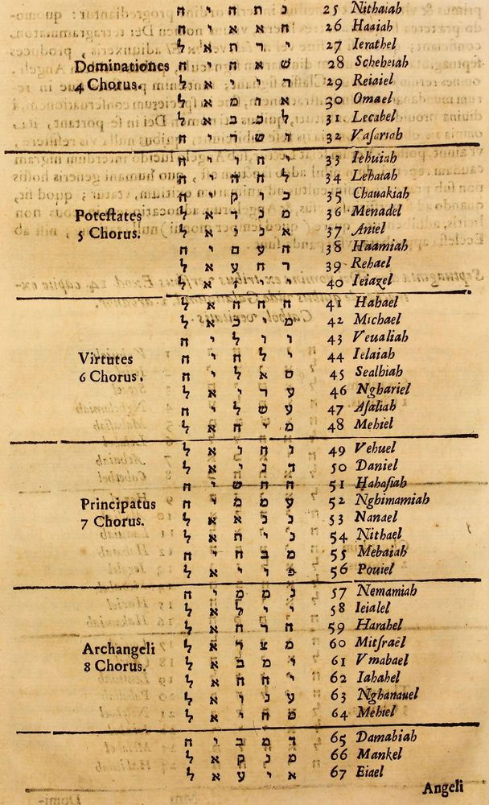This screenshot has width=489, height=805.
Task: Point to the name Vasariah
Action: click(377, 134)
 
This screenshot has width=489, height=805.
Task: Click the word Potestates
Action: click(109, 217)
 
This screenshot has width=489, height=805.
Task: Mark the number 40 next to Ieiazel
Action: click(335, 282)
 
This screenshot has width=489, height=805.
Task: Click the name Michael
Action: click(379, 320)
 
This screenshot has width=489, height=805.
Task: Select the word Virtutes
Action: click(105, 358)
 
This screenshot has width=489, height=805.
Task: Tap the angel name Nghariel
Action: click(383, 390)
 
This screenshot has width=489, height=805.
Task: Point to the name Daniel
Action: click(376, 465)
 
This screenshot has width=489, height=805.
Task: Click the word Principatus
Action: click(117, 505)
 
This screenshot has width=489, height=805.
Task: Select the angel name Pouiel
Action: click(376, 570)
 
